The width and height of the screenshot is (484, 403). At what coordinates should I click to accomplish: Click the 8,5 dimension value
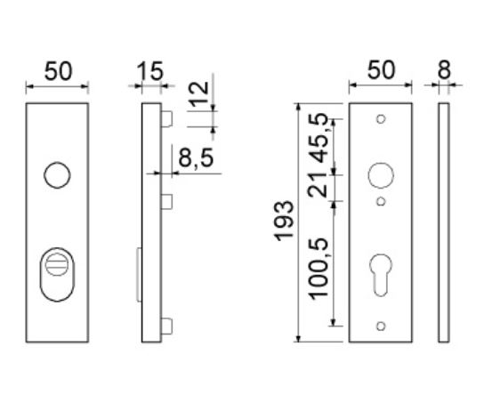196,160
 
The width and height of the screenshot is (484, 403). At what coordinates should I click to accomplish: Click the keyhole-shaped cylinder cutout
380,272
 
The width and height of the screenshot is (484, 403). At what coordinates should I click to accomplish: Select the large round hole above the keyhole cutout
380,176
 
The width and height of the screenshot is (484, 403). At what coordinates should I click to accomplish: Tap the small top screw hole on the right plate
380,119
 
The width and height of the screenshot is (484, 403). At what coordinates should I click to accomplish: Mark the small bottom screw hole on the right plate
380,325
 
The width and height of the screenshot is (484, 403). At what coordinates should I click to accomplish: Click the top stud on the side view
166,118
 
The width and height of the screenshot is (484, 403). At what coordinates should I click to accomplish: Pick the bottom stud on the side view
166,325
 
